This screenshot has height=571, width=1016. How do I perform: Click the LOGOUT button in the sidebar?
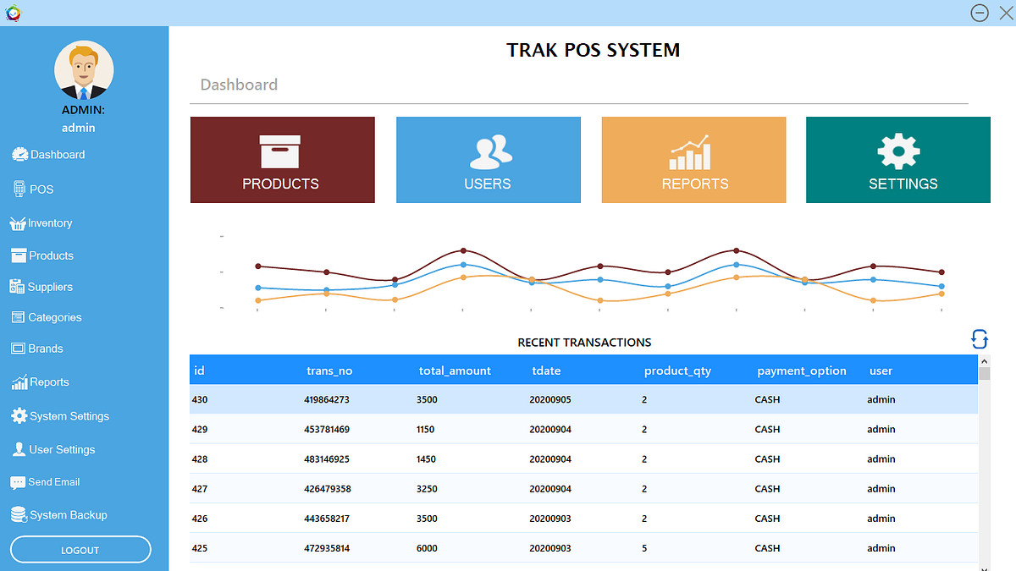(x=80, y=550)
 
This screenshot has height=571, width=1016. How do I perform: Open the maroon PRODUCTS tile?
(x=282, y=160)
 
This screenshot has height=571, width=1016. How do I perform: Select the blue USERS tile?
(x=488, y=160)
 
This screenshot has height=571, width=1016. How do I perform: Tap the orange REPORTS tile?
(x=693, y=160)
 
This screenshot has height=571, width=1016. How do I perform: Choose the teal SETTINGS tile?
(x=897, y=160)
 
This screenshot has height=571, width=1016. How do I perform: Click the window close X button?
(x=1005, y=13)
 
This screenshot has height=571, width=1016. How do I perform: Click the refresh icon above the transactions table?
(x=979, y=339)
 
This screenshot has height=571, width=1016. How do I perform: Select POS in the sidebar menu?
(x=41, y=189)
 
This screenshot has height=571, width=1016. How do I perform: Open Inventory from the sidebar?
(x=49, y=223)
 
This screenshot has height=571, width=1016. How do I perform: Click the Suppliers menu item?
(x=49, y=287)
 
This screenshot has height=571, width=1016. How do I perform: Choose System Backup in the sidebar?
(x=68, y=515)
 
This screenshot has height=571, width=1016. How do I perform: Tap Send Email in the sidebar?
(x=53, y=482)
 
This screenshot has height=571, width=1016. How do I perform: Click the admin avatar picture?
(x=84, y=70)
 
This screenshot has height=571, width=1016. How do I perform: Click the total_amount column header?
(x=455, y=371)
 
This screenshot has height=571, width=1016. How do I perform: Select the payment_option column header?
(x=801, y=371)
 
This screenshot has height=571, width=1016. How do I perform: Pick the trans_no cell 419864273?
(x=326, y=399)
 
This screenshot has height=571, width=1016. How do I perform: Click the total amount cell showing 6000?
(x=427, y=548)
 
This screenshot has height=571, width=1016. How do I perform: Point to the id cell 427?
(x=200, y=489)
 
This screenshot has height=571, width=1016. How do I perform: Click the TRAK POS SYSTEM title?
(x=593, y=50)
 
